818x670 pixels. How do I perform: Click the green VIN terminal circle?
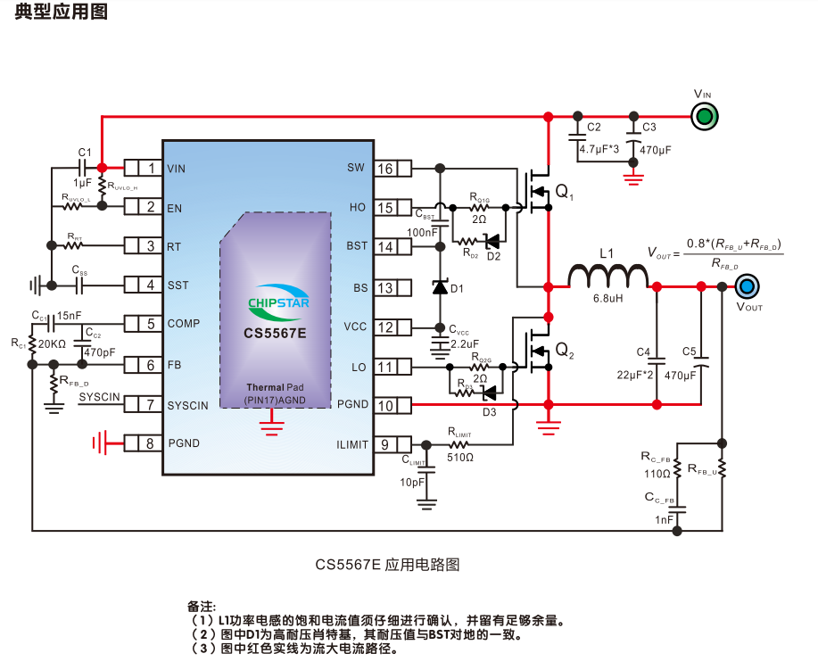pyautogui.click(x=704, y=116)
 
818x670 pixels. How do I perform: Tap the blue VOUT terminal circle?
pyautogui.click(x=748, y=286)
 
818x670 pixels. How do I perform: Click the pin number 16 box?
pyautogui.click(x=386, y=169)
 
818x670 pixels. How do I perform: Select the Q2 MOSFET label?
pyautogui.click(x=565, y=352)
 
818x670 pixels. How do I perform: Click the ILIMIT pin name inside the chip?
pyautogui.click(x=352, y=444)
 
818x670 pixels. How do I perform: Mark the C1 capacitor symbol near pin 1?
pyautogui.click(x=85, y=168)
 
